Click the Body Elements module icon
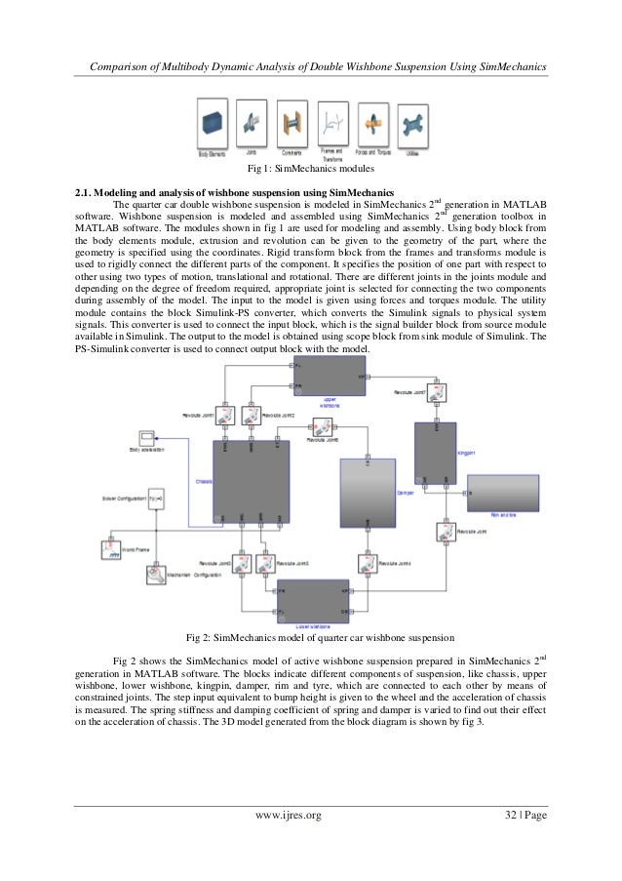click(212, 122)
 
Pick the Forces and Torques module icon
click(373, 122)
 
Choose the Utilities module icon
click(412, 122)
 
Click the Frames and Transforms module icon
click(332, 122)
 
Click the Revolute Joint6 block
click(323, 428)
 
